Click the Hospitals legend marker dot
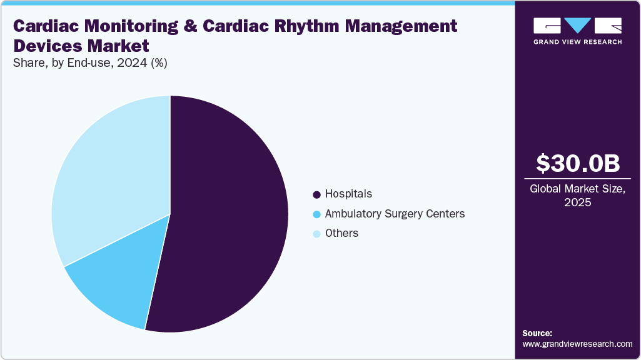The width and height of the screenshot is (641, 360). point(316,194)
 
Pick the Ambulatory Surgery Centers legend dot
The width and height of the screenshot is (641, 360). point(316,214)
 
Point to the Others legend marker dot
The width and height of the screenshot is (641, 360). point(316,234)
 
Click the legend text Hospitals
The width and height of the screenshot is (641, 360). point(348,194)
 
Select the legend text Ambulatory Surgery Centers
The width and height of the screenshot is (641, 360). point(395,214)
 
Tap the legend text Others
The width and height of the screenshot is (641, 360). point(341,233)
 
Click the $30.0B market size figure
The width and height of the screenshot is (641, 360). point(577,163)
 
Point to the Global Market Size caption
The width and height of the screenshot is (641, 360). point(577,189)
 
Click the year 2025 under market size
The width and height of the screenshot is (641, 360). point(577,203)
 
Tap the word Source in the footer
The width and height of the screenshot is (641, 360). point(537,333)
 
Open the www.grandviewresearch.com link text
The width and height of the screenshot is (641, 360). point(577,344)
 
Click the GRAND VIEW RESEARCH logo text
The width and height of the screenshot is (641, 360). point(577,42)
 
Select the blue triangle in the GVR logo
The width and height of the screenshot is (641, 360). point(577,26)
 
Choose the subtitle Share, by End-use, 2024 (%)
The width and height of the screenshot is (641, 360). point(90,62)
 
